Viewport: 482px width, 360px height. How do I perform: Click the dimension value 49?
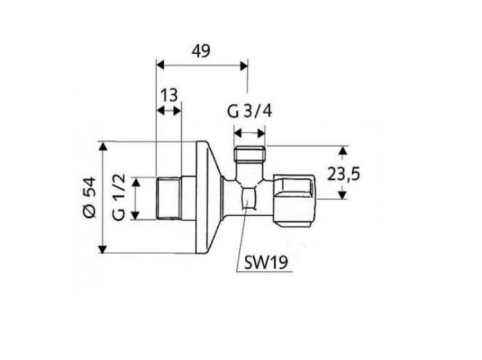(x=201, y=51)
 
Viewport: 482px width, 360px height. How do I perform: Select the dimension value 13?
(x=170, y=95)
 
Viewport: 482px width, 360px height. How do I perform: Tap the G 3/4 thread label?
(x=249, y=111)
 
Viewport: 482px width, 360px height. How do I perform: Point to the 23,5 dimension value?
(x=343, y=174)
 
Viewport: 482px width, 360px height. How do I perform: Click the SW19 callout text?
(x=266, y=262)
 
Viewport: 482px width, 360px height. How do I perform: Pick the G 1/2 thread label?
(x=119, y=197)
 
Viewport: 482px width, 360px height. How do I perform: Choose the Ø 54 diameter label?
(x=90, y=197)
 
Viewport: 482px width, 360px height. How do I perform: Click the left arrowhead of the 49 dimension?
(x=161, y=66)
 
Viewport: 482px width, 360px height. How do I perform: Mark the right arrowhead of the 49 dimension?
(x=244, y=66)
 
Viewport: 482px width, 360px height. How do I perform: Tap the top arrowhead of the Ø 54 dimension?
(x=103, y=147)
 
